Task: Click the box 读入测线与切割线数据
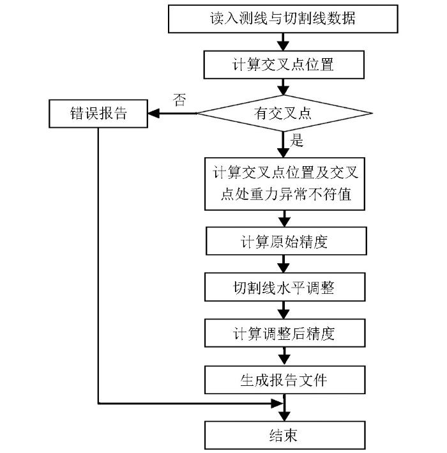click(x=283, y=19)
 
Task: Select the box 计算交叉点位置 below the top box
click(x=284, y=65)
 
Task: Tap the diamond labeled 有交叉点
click(x=284, y=113)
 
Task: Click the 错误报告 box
click(x=98, y=114)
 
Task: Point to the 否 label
click(x=179, y=100)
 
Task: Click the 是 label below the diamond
click(x=296, y=141)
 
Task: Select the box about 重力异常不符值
click(x=285, y=184)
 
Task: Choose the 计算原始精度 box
click(x=286, y=241)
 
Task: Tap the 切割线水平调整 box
click(x=285, y=287)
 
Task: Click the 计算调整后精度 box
click(x=285, y=333)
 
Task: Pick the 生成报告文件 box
click(x=285, y=380)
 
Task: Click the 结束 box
click(x=285, y=435)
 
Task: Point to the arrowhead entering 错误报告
click(x=154, y=113)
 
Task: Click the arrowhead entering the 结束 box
click(x=284, y=416)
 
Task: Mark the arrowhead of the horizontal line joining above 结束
click(x=277, y=403)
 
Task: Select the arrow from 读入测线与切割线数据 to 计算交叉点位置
click(x=284, y=42)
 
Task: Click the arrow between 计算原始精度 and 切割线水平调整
click(x=284, y=264)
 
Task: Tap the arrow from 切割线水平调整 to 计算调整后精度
click(x=284, y=310)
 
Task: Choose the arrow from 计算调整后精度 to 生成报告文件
click(x=284, y=357)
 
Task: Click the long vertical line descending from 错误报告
click(x=98, y=266)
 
